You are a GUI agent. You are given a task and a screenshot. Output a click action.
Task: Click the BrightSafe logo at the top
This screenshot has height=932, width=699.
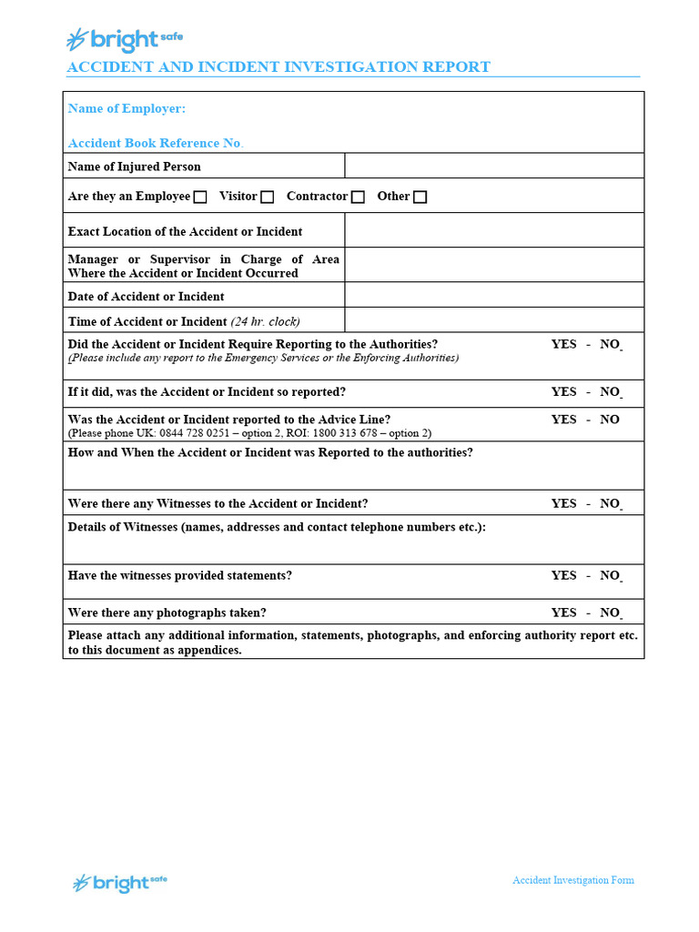pyautogui.click(x=124, y=39)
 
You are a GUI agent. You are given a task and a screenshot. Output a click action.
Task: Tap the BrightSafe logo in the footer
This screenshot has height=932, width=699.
pyautogui.click(x=120, y=882)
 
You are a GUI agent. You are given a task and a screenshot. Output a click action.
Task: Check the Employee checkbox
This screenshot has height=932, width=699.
pyautogui.click(x=200, y=197)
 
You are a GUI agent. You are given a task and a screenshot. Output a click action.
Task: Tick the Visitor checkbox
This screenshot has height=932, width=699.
pyautogui.click(x=267, y=197)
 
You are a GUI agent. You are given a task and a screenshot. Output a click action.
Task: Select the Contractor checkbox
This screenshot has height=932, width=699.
pyautogui.click(x=358, y=197)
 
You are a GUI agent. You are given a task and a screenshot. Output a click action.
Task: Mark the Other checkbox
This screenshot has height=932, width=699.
pyautogui.click(x=420, y=197)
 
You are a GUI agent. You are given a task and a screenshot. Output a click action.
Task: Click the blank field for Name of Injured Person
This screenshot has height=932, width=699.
pyautogui.click(x=493, y=166)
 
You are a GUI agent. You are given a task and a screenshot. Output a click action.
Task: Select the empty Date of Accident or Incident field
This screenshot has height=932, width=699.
pyautogui.click(x=493, y=295)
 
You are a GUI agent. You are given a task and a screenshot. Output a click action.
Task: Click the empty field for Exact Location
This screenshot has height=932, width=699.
pyautogui.click(x=493, y=230)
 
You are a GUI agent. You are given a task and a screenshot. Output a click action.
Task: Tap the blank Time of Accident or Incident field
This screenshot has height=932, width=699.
pyautogui.click(x=493, y=319)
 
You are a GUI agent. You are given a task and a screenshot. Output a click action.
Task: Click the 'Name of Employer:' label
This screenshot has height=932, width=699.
pyautogui.click(x=127, y=108)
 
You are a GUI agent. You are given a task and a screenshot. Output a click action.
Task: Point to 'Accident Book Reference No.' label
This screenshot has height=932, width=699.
pyautogui.click(x=156, y=143)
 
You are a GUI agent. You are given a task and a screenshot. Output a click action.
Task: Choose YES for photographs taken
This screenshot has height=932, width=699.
pyautogui.click(x=563, y=613)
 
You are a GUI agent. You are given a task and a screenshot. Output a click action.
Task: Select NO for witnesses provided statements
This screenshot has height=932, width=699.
pyautogui.click(x=610, y=575)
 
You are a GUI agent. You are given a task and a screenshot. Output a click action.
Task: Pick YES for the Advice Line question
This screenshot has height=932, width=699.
pyautogui.click(x=563, y=420)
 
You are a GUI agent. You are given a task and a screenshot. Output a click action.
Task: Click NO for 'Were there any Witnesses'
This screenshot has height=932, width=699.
pyautogui.click(x=610, y=503)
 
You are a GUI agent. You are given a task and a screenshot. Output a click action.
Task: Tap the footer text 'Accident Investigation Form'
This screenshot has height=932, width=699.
pyautogui.click(x=572, y=880)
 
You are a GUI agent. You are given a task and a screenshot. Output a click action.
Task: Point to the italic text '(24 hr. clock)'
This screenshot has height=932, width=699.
pyautogui.click(x=265, y=321)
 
